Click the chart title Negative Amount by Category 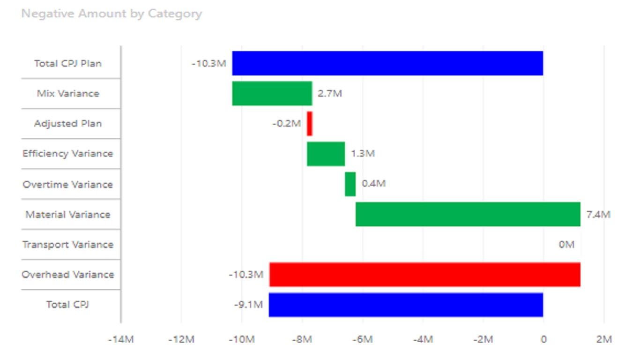click(112, 14)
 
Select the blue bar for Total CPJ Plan click(387, 63)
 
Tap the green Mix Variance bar click(272, 93)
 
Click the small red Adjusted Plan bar click(310, 124)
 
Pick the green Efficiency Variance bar click(326, 154)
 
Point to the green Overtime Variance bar click(350, 184)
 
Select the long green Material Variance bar click(468, 214)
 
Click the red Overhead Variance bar click(424, 274)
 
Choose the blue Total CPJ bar click(406, 305)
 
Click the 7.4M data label click(598, 215)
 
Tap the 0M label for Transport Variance click(566, 245)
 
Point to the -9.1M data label click(248, 305)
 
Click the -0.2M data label click(286, 124)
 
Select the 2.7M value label click(330, 93)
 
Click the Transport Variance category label click(68, 245)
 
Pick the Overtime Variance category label click(68, 184)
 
